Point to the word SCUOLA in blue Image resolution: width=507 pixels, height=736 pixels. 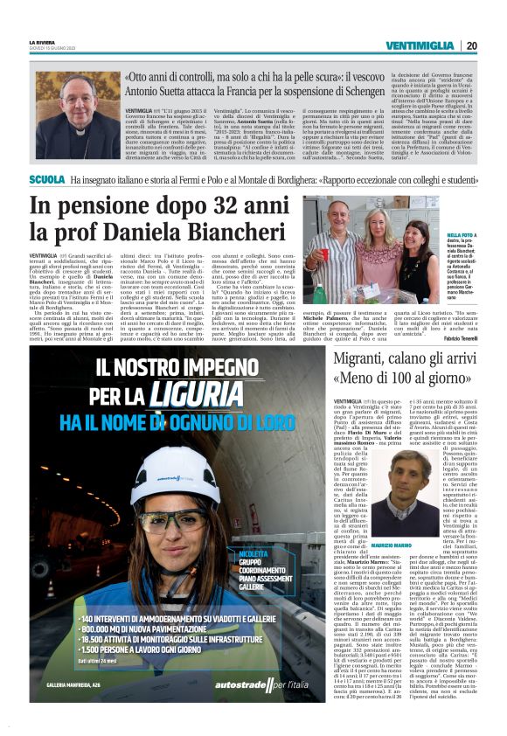pyautogui.click(x=46, y=179)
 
